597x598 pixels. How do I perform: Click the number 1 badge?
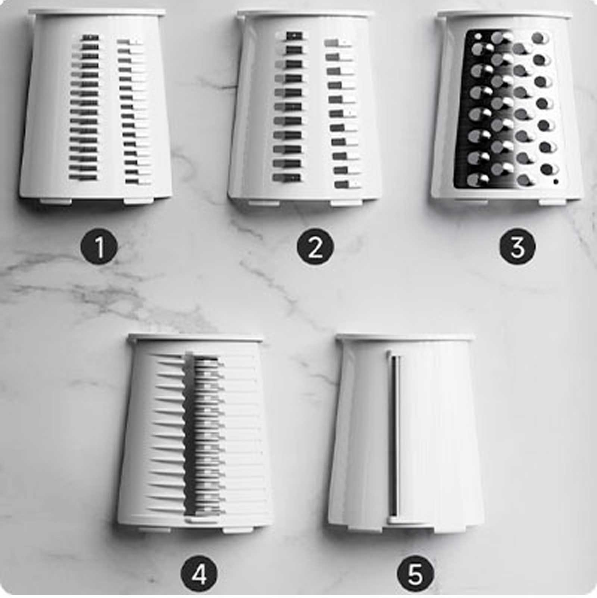tap(99, 247)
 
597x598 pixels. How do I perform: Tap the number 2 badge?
tap(315, 247)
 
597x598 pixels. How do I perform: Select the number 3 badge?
tap(518, 247)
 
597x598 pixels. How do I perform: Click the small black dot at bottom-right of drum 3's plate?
tap(556, 182)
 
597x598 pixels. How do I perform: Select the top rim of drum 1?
tap(97, 13)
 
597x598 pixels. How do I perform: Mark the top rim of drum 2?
tap(305, 14)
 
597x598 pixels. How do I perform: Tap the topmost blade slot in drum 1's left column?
tap(90, 38)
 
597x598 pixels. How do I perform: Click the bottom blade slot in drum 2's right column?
tap(346, 185)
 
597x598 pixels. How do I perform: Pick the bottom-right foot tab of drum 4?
tap(239, 529)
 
